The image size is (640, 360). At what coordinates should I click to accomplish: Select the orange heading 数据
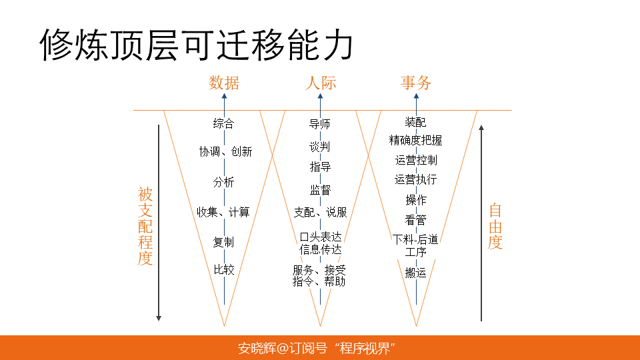[x=224, y=83]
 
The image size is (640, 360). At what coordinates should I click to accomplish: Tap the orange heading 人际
[x=320, y=83]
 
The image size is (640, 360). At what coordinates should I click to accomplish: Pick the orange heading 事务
[x=416, y=83]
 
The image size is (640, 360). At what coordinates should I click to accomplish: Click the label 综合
[x=224, y=123]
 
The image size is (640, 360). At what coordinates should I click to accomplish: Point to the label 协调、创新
[x=225, y=151]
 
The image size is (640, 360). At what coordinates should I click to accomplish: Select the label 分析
[x=224, y=182]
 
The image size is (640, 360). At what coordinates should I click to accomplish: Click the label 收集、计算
[x=223, y=212]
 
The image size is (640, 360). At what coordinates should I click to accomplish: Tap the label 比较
[x=224, y=270]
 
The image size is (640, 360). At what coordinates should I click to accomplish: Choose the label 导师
[x=320, y=124]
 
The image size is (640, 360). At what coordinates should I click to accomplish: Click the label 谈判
[x=320, y=146]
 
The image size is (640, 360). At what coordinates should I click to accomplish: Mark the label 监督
[x=320, y=190]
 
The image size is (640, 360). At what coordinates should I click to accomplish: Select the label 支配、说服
[x=320, y=212]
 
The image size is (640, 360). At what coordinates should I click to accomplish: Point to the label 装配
[x=415, y=123]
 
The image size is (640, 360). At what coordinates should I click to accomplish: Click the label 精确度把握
[x=415, y=140]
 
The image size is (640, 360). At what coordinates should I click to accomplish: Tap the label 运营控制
[x=415, y=160]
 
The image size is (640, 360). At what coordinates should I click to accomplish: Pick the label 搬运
[x=415, y=273]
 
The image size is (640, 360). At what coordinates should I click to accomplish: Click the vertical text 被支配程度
[x=145, y=227]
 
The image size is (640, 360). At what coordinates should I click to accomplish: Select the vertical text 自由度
[x=495, y=227]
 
